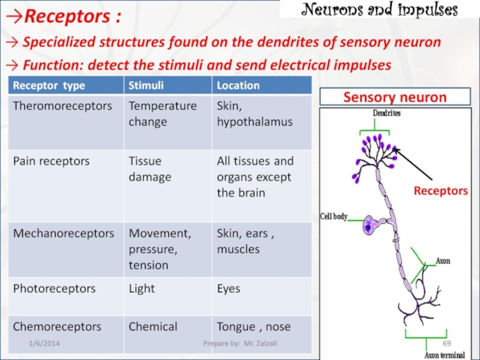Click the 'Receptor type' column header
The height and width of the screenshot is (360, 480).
(49, 85)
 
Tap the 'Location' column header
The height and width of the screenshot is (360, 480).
(238, 85)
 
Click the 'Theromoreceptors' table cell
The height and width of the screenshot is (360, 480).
(63, 106)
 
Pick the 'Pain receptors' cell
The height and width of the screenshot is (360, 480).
(52, 161)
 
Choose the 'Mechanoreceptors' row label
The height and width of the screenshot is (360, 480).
(64, 233)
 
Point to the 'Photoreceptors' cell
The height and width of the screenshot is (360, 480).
(55, 289)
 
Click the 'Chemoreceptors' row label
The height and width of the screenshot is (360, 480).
(58, 327)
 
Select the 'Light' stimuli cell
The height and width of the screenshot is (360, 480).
(142, 289)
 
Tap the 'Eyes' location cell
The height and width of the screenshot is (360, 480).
(229, 289)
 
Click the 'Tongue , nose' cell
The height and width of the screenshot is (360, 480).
(253, 327)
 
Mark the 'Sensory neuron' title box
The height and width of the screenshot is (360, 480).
(394, 97)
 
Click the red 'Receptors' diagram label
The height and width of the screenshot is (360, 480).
(440, 191)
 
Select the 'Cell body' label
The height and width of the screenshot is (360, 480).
(334, 217)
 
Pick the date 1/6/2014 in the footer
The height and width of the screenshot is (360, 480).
(44, 343)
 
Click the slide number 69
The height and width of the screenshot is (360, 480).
(446, 343)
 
